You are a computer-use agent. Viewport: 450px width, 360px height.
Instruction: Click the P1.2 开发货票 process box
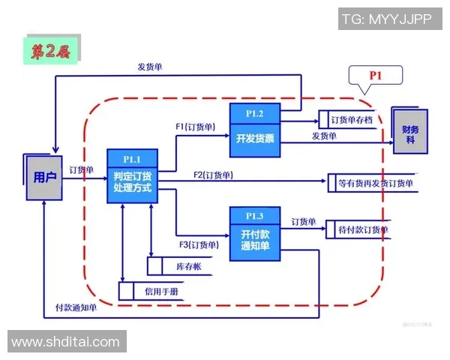[x=254, y=130]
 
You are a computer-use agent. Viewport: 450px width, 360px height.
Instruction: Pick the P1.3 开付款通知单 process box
[x=254, y=234]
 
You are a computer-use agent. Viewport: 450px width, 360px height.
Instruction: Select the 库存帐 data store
[x=178, y=266]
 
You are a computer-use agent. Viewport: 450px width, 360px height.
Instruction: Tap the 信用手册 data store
[x=160, y=290]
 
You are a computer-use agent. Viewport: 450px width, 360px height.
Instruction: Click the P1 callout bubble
[x=375, y=75]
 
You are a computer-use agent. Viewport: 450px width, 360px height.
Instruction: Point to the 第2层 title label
[x=50, y=50]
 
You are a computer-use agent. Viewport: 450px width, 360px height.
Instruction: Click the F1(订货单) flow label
[x=196, y=127]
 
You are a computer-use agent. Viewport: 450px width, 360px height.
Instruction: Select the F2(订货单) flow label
[x=213, y=175]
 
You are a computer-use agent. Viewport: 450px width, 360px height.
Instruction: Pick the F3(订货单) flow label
[x=199, y=244]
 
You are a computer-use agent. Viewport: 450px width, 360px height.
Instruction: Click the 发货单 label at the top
[x=149, y=66]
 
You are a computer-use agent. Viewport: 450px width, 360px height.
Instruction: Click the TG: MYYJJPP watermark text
[x=386, y=19]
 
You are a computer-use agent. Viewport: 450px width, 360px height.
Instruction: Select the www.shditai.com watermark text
[x=66, y=342]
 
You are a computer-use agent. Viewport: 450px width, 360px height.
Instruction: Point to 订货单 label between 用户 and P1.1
[x=82, y=170]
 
